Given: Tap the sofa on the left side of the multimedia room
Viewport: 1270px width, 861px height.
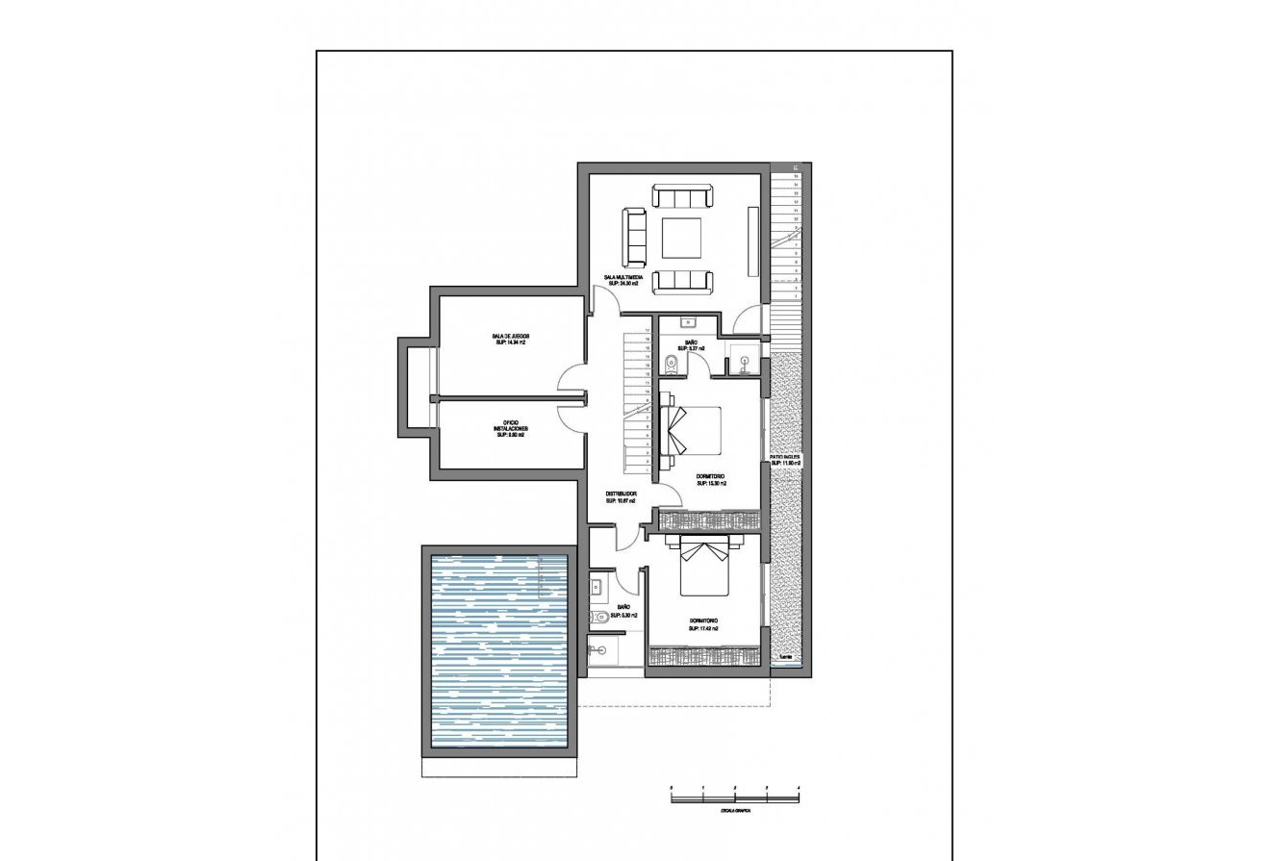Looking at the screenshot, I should click(x=634, y=238).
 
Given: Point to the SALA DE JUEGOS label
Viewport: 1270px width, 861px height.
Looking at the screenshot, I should click(x=510, y=336).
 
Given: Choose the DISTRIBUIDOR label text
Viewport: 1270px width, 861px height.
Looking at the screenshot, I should click(x=622, y=494).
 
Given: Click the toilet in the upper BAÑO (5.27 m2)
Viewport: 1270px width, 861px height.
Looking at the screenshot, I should click(x=670, y=363).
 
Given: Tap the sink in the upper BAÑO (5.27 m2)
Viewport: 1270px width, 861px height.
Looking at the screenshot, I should click(x=688, y=322).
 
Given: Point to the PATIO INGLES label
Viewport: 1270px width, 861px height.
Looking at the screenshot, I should click(x=786, y=457).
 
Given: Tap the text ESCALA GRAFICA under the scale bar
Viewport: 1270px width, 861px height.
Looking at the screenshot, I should click(x=734, y=811).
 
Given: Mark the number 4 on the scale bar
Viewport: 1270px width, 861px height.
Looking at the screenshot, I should click(x=799, y=788).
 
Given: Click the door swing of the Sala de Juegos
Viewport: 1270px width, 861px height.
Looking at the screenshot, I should click(x=570, y=378).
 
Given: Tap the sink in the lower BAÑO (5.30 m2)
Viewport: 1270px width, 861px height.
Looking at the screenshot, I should click(x=597, y=585).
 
